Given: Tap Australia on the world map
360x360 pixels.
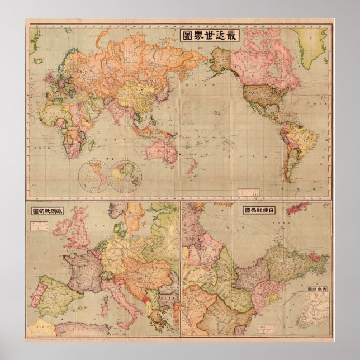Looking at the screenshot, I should [x=162, y=151].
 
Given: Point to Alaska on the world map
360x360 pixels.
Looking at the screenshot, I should [x=220, y=58].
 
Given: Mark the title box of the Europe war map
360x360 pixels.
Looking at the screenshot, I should [x=49, y=211].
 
